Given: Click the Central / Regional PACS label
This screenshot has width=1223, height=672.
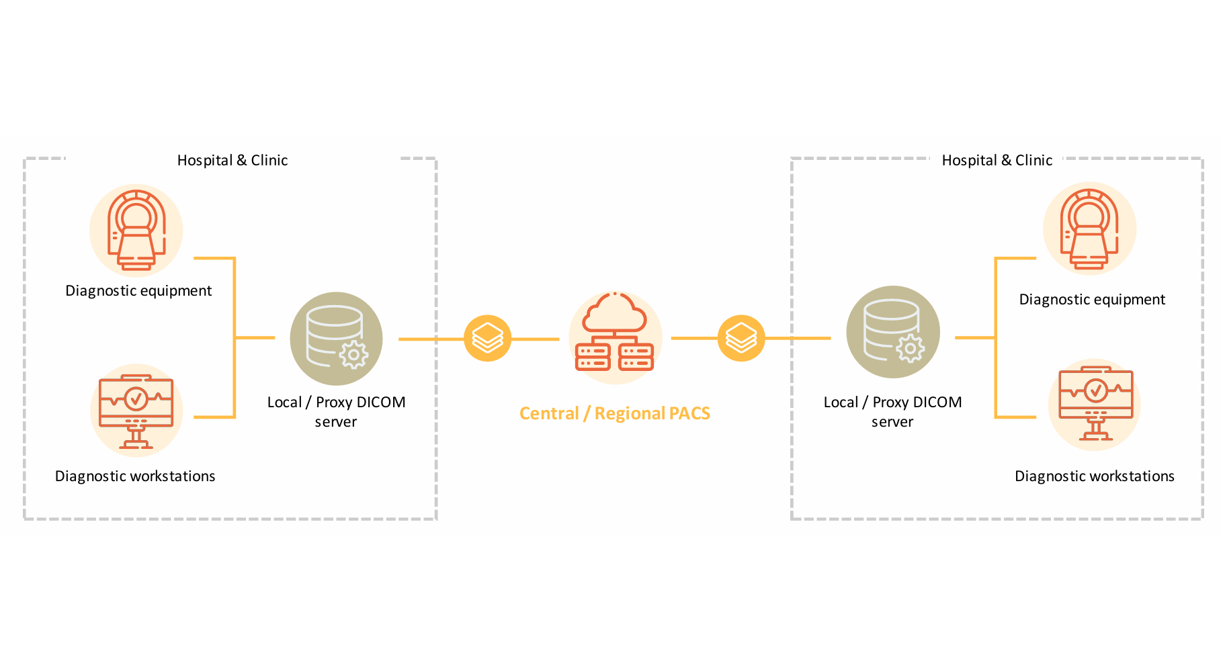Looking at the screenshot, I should (614, 413).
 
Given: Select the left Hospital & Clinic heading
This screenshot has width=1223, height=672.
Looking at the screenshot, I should (233, 161).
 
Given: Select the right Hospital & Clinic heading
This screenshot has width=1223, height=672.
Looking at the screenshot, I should (997, 161).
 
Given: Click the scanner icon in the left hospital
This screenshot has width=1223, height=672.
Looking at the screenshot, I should (136, 230).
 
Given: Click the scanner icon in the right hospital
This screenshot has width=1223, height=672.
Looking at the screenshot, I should (1089, 228).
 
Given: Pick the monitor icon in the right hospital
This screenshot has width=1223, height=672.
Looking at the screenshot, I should (1095, 405).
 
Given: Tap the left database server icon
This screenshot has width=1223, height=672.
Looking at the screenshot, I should (336, 338).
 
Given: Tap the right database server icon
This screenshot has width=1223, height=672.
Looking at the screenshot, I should (892, 332).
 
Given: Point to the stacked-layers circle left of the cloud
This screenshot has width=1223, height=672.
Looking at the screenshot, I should (487, 338).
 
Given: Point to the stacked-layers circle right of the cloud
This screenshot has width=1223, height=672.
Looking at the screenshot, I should (741, 338).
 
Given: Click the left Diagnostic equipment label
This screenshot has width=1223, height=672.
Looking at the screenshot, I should (138, 291).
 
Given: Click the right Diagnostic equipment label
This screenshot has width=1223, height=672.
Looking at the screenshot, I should (1092, 300).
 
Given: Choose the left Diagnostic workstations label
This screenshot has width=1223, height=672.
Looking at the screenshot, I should (135, 476).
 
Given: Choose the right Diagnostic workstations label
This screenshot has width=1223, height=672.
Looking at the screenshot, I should (1094, 476).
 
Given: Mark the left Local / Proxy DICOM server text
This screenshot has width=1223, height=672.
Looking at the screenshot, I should (336, 412).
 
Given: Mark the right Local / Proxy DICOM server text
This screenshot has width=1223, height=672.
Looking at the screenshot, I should (892, 412).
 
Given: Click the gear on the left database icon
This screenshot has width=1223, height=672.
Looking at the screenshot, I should (353, 355).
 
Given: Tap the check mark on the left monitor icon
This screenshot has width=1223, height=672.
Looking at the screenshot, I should (136, 398).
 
